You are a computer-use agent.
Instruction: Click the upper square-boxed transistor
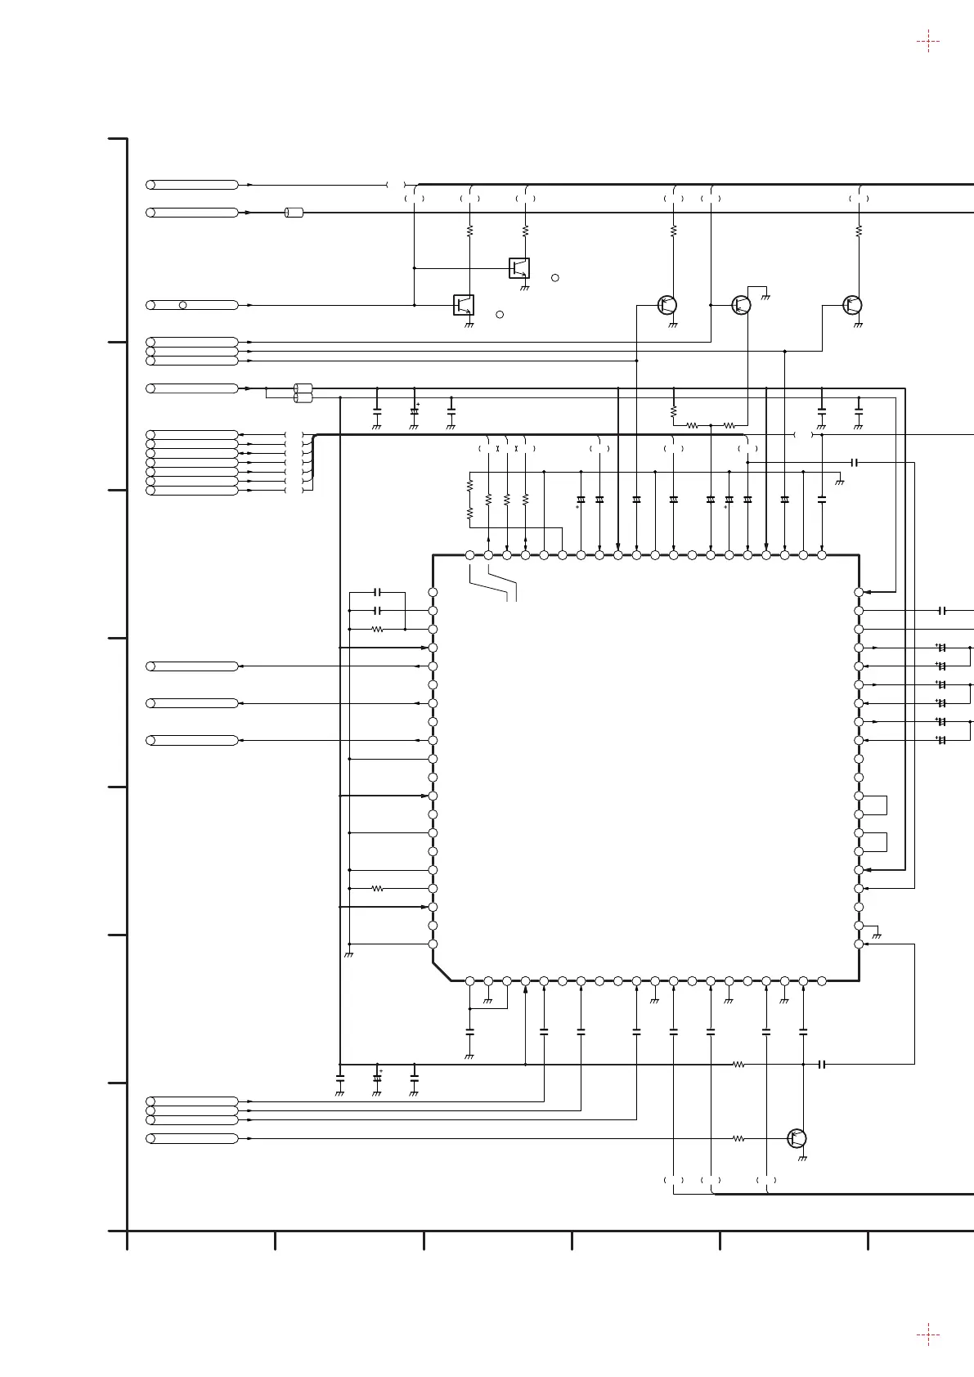point(519,267)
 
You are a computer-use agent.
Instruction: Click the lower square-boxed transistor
point(464,304)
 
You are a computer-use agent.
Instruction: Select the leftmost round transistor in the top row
point(667,305)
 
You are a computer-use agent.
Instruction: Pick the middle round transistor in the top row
point(741,305)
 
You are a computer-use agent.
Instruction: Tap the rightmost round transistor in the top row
point(852,305)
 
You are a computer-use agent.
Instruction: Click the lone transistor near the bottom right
point(797,1138)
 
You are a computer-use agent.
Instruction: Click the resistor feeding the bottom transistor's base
point(738,1138)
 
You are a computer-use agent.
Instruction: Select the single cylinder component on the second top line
point(294,213)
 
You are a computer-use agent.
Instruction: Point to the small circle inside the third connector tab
point(183,305)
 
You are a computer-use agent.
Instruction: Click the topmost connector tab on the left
point(192,185)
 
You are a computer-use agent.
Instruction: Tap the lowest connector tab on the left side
point(192,1138)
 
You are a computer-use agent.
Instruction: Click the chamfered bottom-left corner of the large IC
point(442,971)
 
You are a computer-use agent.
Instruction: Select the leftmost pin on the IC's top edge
point(469,555)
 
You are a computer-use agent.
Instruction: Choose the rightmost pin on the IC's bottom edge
point(822,980)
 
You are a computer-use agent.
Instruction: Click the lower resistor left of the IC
point(377,888)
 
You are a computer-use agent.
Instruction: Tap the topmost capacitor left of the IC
point(377,592)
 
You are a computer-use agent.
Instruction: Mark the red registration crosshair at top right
point(927,41)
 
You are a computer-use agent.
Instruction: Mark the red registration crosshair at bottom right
point(927,1335)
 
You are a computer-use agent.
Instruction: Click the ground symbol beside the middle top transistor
point(766,296)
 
